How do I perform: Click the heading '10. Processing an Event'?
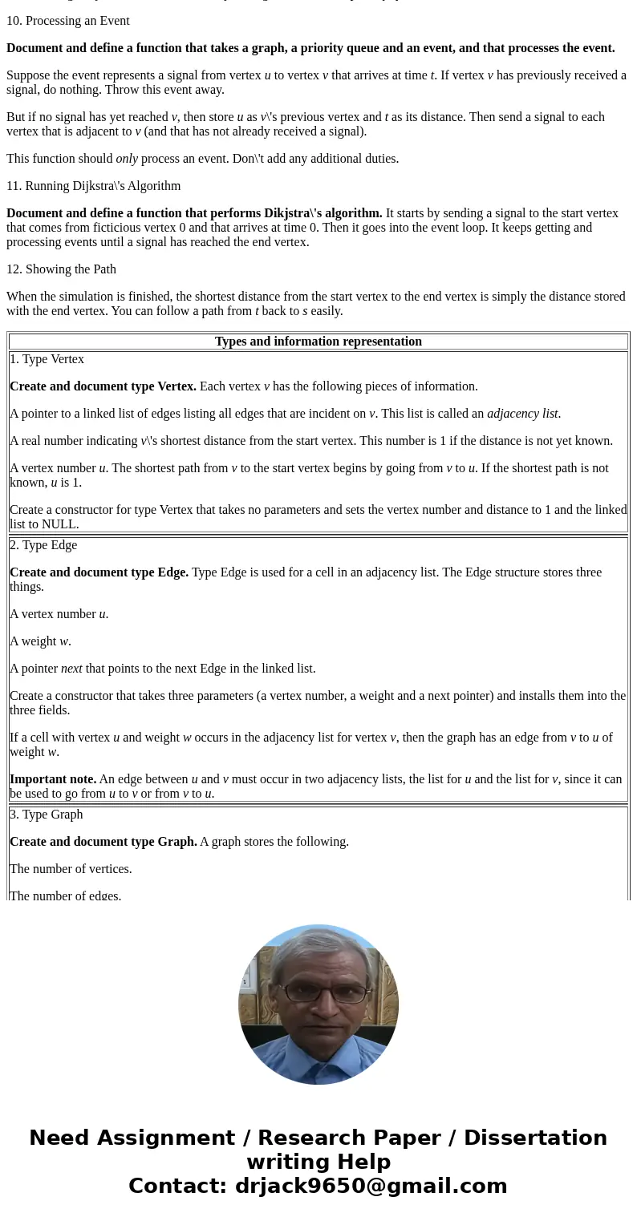click(68, 21)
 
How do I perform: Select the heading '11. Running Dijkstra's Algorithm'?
click(94, 186)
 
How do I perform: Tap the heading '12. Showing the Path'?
click(62, 269)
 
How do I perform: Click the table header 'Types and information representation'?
click(318, 342)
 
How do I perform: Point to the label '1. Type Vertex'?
click(47, 359)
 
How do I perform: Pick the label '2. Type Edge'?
click(44, 545)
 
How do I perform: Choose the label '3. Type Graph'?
click(47, 815)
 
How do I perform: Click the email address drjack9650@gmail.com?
click(371, 1187)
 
